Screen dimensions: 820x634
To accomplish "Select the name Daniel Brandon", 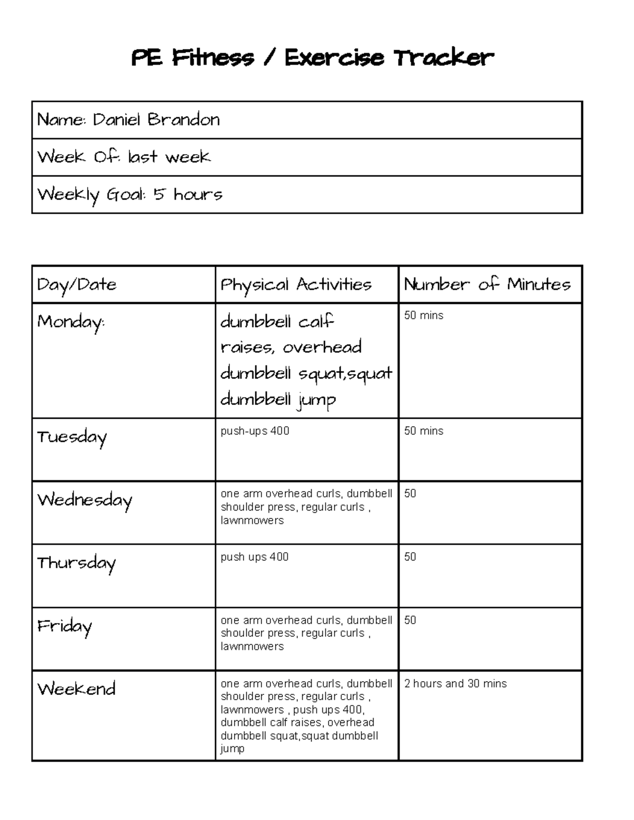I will [156, 120].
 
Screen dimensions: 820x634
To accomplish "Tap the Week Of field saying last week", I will [169, 157].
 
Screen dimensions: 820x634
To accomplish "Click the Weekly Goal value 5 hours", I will [188, 194].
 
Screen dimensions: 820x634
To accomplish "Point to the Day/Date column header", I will [77, 285].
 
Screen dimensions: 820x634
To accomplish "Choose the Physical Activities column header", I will [296, 285].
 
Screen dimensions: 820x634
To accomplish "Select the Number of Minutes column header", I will [487, 285].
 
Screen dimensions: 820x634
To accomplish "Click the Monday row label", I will [71, 322].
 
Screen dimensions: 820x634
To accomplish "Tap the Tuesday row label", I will [72, 437].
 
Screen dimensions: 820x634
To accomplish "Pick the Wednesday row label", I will [85, 500].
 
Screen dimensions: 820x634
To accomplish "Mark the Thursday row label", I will [76, 563].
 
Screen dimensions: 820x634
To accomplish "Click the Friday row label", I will [64, 626].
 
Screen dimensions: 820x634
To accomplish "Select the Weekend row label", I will [76, 689].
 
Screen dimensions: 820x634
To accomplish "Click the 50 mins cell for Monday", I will [424, 316].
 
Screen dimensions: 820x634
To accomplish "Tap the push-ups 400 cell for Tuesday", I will [255, 431].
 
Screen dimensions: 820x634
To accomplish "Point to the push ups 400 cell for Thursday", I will [254, 557].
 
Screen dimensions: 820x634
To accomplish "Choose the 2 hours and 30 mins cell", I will [455, 684].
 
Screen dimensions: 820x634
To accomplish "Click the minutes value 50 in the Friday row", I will [410, 620].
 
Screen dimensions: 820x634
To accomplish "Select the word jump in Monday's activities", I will [316, 400].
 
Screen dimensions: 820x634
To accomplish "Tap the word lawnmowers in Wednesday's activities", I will [252, 521].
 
